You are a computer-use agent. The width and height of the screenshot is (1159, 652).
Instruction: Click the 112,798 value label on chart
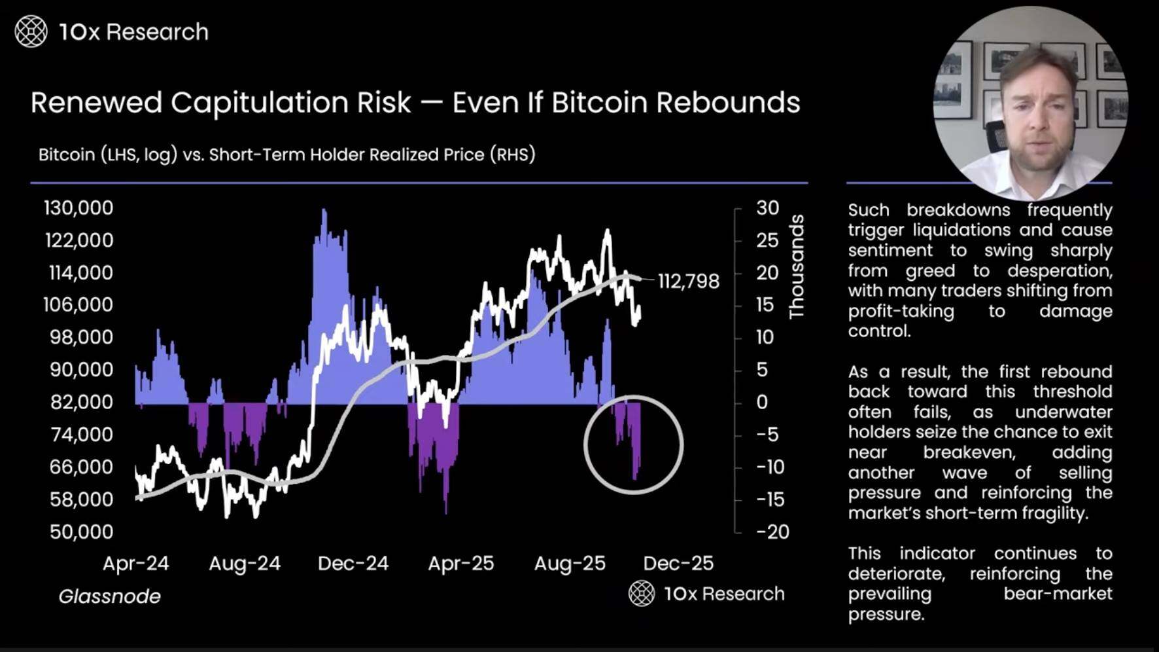[688, 281]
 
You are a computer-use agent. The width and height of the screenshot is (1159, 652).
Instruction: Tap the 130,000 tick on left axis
[78, 208]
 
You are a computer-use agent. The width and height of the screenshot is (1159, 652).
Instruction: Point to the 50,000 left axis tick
[81, 532]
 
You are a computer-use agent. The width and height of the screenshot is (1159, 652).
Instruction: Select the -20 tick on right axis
[772, 532]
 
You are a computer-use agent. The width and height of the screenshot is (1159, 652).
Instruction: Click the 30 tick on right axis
[767, 208]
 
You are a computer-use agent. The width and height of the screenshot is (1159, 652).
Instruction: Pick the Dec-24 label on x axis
[353, 564]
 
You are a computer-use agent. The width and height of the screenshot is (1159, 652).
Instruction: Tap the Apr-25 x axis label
[461, 564]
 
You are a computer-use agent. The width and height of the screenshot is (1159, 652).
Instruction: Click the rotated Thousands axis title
[796, 267]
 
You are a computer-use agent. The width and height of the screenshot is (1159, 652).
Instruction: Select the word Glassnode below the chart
[110, 596]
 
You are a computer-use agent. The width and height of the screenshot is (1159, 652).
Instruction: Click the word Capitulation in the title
[290, 103]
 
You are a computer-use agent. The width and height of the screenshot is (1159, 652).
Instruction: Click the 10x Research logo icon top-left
[31, 31]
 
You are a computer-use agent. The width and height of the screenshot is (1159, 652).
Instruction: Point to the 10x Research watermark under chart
[707, 594]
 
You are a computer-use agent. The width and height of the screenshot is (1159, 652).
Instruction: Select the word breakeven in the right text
[969, 452]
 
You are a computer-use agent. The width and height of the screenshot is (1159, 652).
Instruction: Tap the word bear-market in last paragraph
[1058, 594]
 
